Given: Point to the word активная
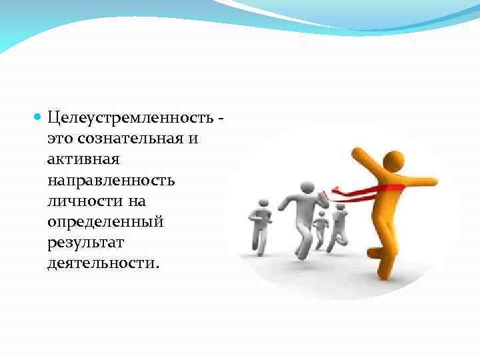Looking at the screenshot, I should [83, 159].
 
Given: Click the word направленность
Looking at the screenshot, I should [111, 180].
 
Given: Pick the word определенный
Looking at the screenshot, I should [105, 221].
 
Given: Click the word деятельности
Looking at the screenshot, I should [103, 262].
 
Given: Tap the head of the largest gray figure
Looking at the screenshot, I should [307, 188].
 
